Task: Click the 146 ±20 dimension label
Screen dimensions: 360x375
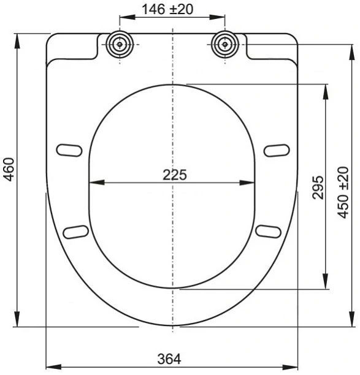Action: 167,9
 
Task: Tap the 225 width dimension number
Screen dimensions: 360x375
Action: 175,175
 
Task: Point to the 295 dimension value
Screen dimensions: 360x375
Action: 318,187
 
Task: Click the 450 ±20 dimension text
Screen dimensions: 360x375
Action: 343,192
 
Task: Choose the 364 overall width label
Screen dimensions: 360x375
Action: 169,359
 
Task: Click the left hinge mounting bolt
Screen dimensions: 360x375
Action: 120,45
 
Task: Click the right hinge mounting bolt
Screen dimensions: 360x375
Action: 224,45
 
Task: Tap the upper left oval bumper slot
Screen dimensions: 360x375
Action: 69,151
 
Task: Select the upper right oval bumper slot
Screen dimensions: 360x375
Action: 277,151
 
